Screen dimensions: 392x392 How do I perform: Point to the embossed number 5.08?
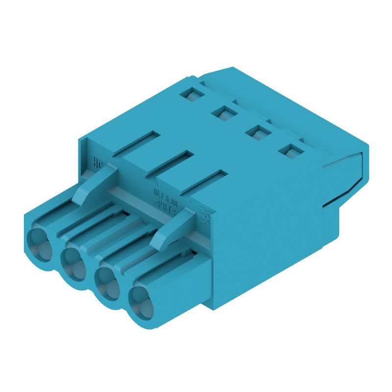[x=172, y=197]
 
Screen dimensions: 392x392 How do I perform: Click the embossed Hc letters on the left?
[x=98, y=162]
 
